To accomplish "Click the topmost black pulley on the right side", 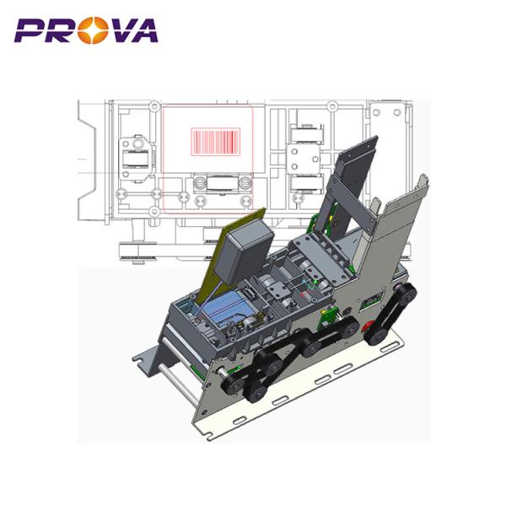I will tap(406, 293).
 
